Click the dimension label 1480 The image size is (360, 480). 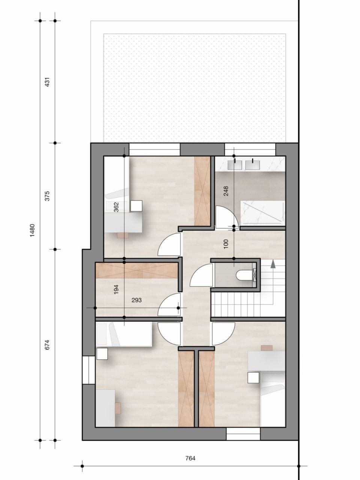(x=33, y=230)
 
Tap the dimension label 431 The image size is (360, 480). (x=47, y=82)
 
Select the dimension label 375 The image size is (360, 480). (x=47, y=196)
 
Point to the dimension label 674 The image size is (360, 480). (x=47, y=345)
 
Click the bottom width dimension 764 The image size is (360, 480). (x=190, y=458)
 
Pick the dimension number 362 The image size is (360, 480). (x=116, y=207)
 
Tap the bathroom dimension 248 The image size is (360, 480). (x=226, y=191)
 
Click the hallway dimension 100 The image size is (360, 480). (x=226, y=244)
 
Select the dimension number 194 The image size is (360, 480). (x=116, y=289)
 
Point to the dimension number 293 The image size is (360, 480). (x=136, y=300)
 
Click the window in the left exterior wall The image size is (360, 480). (x=88, y=370)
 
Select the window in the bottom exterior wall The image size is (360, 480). (x=243, y=434)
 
